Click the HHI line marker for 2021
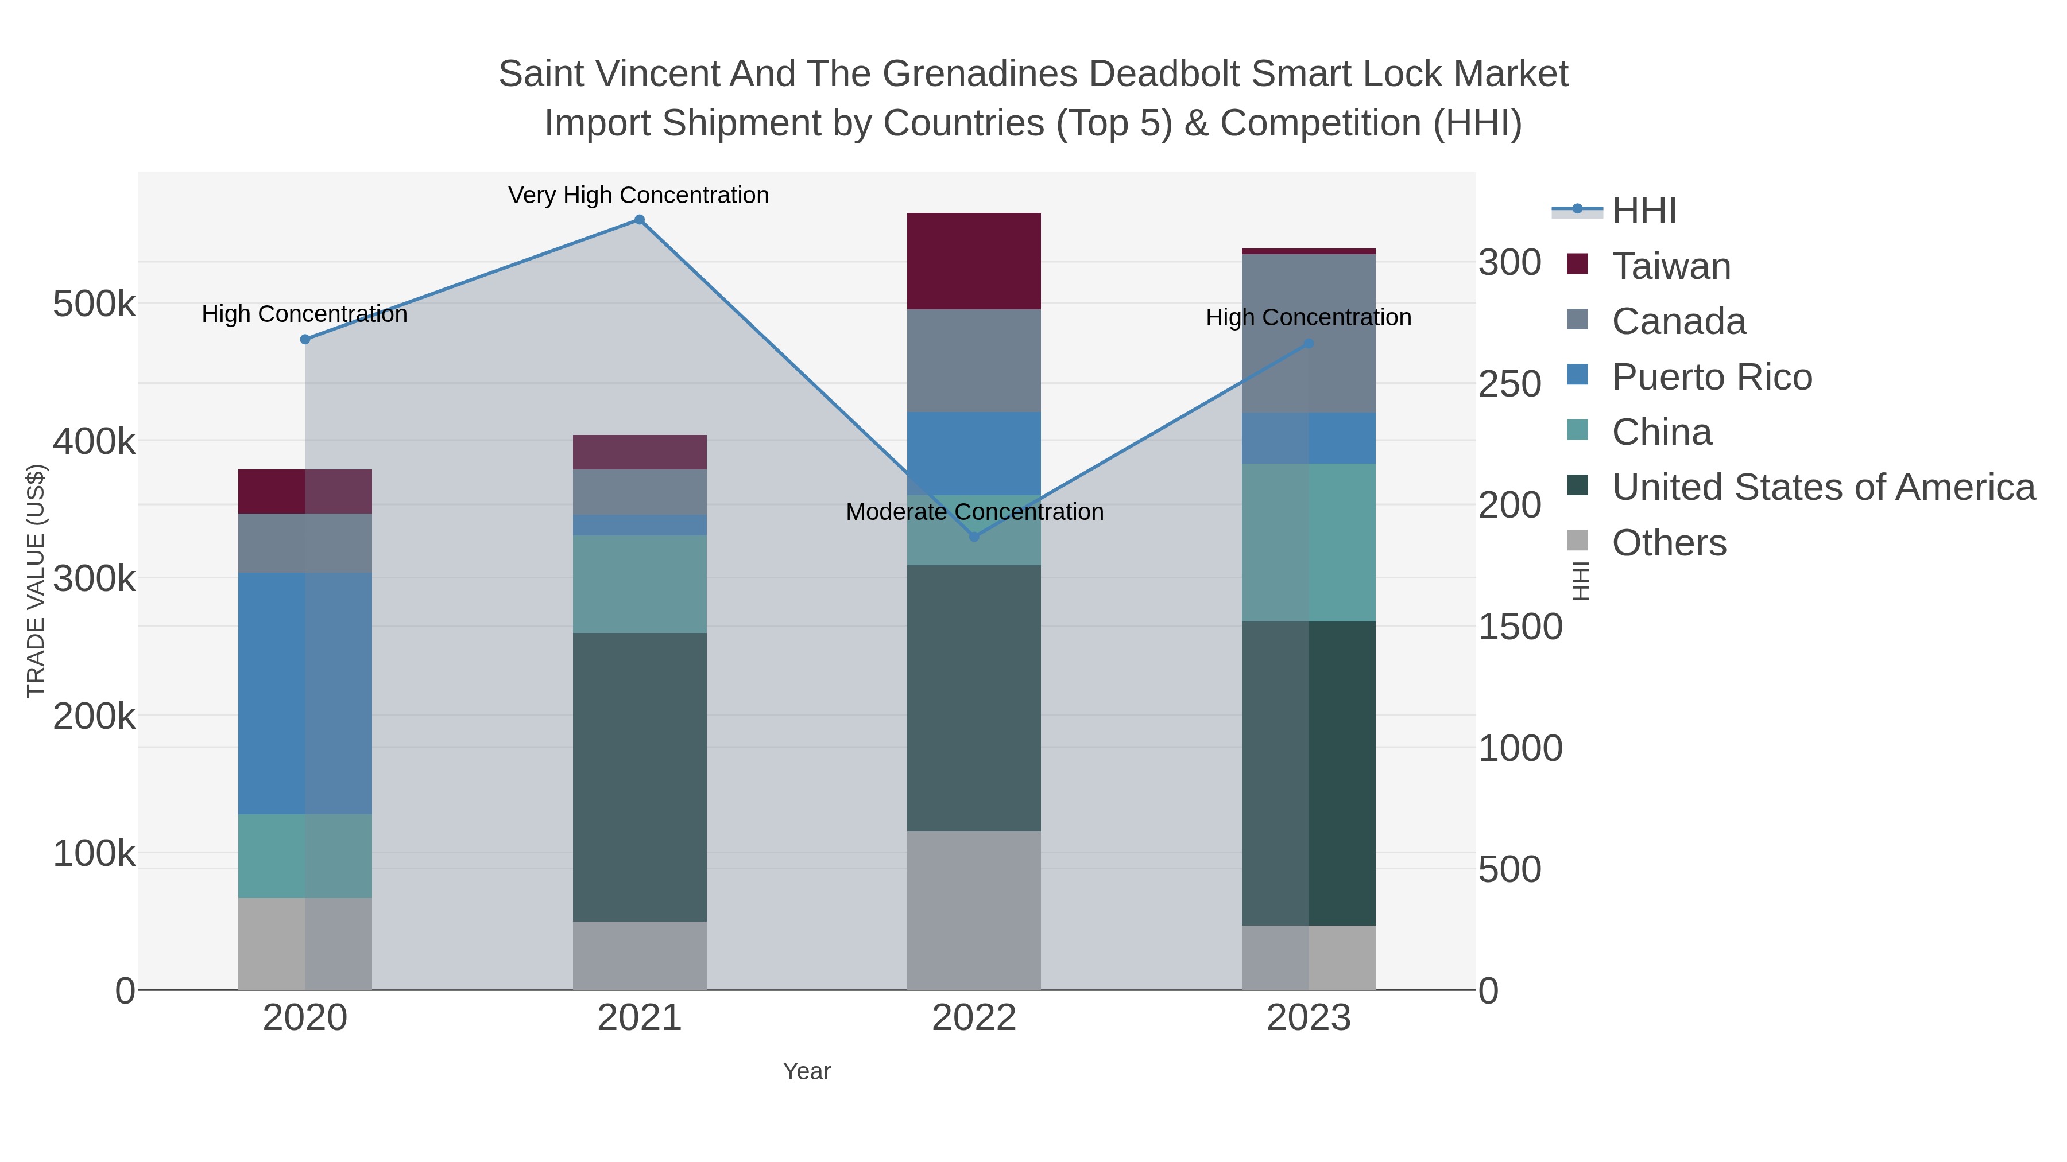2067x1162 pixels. (x=640, y=220)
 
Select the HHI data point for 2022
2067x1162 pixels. (x=974, y=537)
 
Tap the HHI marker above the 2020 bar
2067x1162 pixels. (x=305, y=339)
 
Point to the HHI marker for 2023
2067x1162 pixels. (x=1309, y=343)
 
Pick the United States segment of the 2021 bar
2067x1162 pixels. (x=640, y=776)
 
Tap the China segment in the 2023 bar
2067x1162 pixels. (x=1309, y=542)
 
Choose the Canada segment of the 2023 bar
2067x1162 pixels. (x=1309, y=333)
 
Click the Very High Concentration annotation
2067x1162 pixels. (x=638, y=196)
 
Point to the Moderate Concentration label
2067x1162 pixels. (x=974, y=512)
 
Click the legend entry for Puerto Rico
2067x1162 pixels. (x=1712, y=377)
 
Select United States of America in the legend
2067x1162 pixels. (x=1823, y=488)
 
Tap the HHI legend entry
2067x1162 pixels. (x=1643, y=211)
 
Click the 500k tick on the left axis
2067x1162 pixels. (x=94, y=304)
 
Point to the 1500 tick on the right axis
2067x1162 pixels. (x=1520, y=627)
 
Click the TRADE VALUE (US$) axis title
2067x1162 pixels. (x=36, y=581)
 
